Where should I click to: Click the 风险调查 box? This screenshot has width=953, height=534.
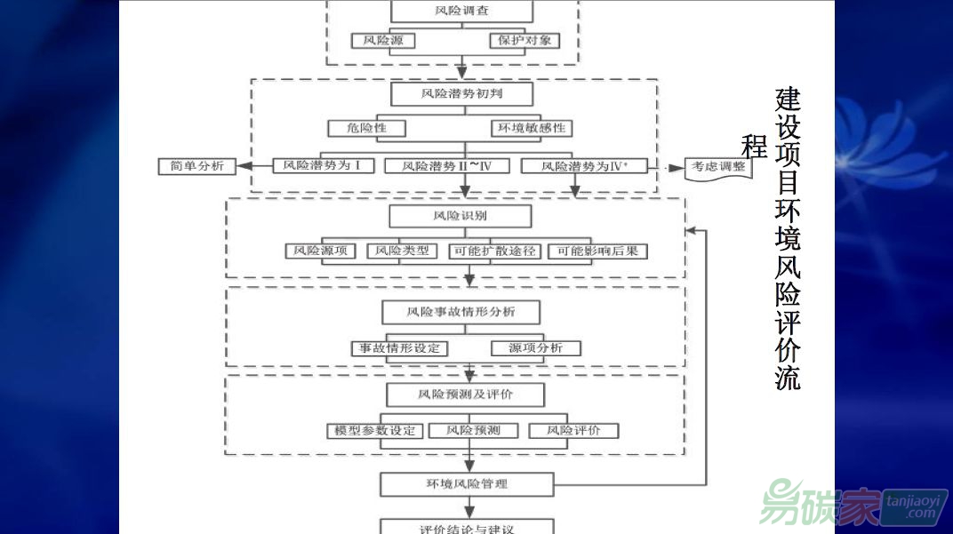tap(461, 12)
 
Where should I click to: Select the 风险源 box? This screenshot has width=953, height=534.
tap(383, 41)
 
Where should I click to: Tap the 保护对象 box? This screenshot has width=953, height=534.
tap(525, 41)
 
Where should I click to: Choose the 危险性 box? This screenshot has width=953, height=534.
tap(367, 128)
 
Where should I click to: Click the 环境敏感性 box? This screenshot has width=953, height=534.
tap(532, 128)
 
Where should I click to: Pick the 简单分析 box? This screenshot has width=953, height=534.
tap(197, 166)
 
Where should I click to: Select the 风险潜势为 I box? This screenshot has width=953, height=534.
tap(322, 165)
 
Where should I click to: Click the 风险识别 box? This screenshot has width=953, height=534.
tap(460, 216)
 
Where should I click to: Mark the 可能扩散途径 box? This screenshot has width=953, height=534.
tap(495, 251)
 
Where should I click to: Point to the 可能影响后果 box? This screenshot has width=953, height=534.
tap(597, 251)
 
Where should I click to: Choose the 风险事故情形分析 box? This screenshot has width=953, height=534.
tap(460, 312)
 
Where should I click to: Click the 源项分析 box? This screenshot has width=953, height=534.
tap(535, 347)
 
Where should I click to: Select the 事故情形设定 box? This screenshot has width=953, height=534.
tap(400, 347)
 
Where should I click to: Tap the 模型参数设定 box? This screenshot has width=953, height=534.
tap(371, 431)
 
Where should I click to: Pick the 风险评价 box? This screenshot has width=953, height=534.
tap(573, 431)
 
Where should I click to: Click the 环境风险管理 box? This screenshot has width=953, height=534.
tap(467, 484)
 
